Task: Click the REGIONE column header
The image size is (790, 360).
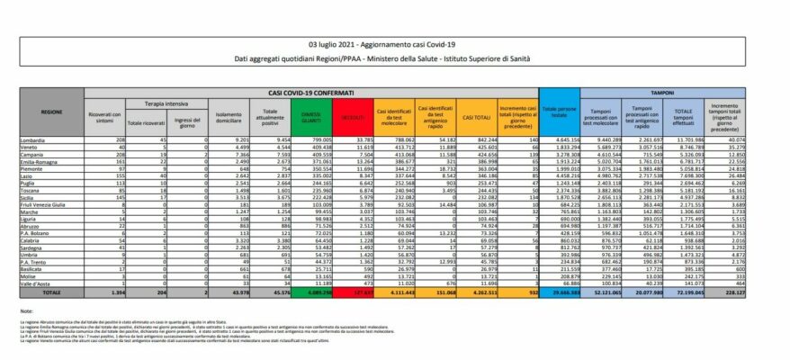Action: tap(51, 112)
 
